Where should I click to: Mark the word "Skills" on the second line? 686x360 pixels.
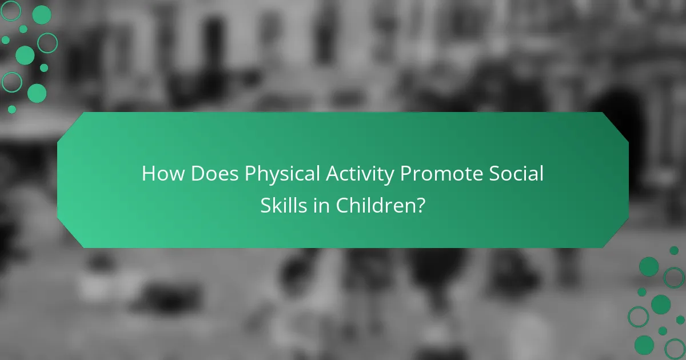coord(284,205)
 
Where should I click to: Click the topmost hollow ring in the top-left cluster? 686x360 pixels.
coord(11,10)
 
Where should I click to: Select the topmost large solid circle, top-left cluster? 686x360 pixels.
coord(41,15)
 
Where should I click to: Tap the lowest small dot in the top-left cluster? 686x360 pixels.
coord(12,109)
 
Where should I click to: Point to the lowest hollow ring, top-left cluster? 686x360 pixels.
coord(11,82)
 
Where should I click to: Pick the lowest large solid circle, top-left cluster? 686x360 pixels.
coord(37,93)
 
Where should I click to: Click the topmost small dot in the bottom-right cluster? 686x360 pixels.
coord(674,250)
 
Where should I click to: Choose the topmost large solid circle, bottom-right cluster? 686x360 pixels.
coord(649,266)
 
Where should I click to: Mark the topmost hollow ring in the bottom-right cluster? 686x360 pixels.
coord(674,278)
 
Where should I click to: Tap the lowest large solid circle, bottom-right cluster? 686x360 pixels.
coord(644,345)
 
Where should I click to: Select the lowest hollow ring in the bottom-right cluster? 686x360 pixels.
coord(675,348)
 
